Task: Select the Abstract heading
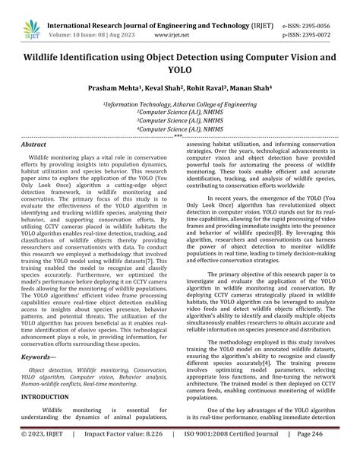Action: coord(34,144)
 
